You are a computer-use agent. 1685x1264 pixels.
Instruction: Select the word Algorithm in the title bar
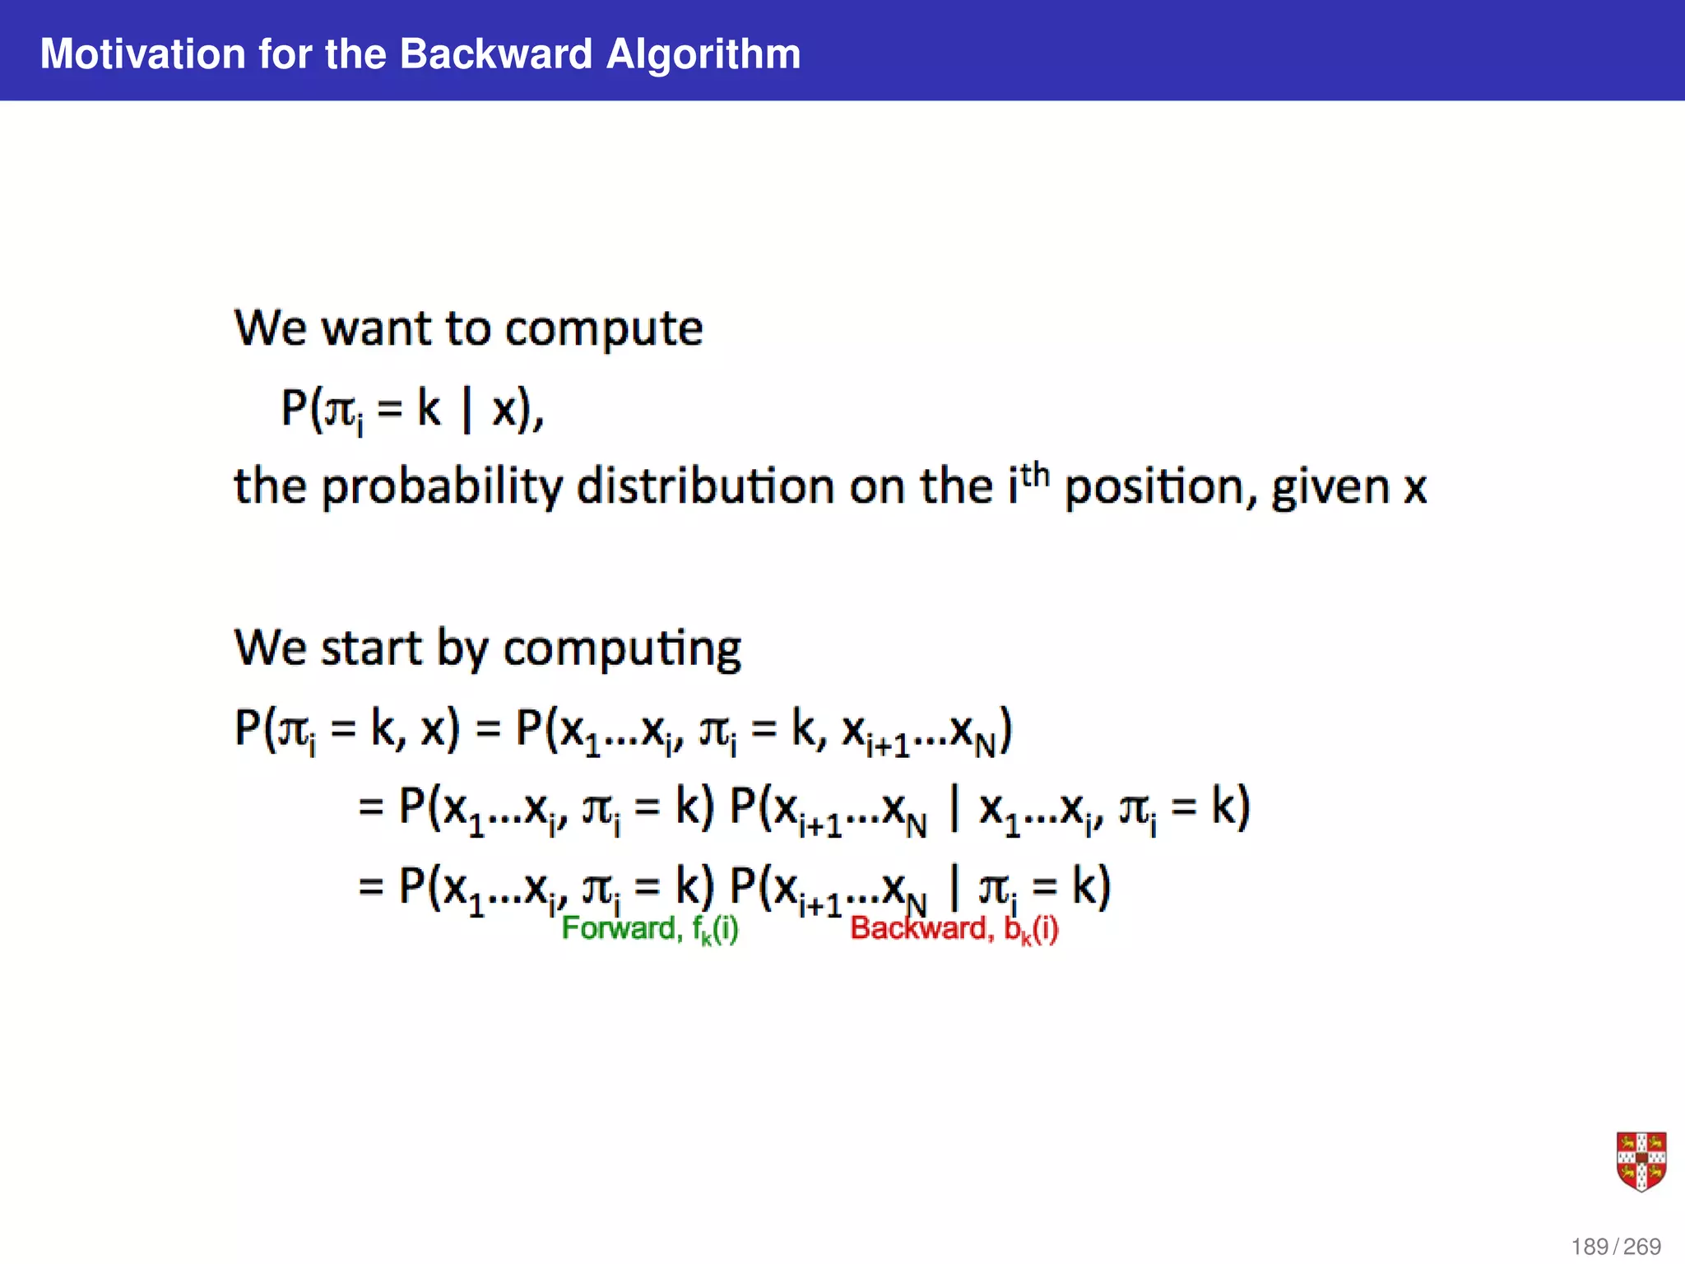(703, 54)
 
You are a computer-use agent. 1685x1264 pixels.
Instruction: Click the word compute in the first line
(604, 329)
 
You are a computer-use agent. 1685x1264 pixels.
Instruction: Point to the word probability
(441, 487)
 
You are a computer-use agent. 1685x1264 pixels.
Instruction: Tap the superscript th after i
(1035, 475)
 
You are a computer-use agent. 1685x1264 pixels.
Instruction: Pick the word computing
(622, 648)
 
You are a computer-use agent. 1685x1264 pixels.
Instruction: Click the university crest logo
(1641, 1161)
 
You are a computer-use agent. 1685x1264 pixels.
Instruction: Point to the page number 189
(1590, 1247)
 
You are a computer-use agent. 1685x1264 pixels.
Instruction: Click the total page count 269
(1642, 1247)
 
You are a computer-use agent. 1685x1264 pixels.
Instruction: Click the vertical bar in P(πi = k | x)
(467, 409)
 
